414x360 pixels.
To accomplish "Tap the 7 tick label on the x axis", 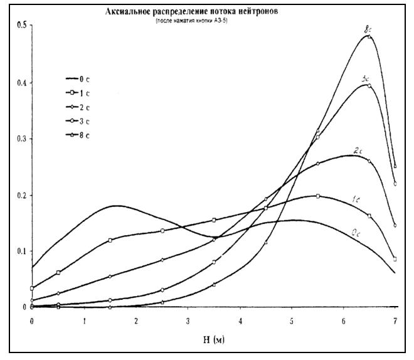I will (x=395, y=320).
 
